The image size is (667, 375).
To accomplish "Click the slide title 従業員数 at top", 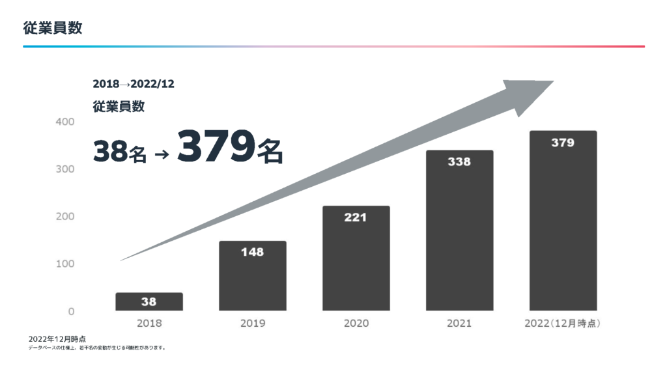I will (x=52, y=28).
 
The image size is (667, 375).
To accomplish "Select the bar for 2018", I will (x=149, y=301).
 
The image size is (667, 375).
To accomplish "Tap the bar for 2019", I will (x=253, y=277).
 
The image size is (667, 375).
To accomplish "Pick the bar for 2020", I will (x=356, y=259).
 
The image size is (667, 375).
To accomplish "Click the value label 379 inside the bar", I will (x=563, y=143).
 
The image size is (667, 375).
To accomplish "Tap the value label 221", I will (x=356, y=217).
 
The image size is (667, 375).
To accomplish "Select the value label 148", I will (x=252, y=252).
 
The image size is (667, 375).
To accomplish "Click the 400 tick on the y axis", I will (x=65, y=122).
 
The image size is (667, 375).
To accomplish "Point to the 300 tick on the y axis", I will (x=65, y=169).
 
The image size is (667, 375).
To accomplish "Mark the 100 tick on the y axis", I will (x=65, y=264).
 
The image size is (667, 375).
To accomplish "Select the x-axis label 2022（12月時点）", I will (x=563, y=324).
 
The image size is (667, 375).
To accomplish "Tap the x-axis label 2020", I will (x=356, y=324).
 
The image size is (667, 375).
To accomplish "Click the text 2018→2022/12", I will (x=134, y=84).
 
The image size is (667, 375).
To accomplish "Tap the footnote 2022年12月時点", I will (x=57, y=339).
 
